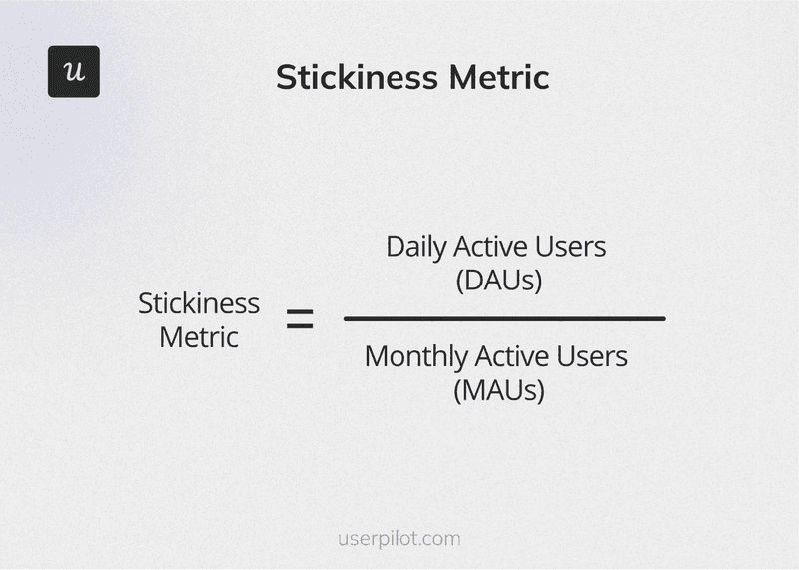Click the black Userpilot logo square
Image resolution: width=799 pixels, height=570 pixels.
pyautogui.click(x=74, y=72)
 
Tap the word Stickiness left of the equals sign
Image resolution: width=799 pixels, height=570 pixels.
pyautogui.click(x=199, y=303)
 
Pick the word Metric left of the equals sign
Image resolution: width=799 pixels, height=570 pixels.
pyautogui.click(x=199, y=337)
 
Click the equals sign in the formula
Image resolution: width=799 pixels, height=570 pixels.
pyautogui.click(x=300, y=320)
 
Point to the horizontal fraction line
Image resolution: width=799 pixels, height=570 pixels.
pyautogui.click(x=504, y=318)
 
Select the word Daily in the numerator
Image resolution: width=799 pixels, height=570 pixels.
pyautogui.click(x=414, y=246)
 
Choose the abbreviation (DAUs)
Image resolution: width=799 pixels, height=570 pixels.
pyautogui.click(x=499, y=281)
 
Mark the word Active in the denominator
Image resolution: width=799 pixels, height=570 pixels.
pyautogui.click(x=511, y=356)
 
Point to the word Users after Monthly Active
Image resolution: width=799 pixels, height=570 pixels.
pyautogui.click(x=591, y=356)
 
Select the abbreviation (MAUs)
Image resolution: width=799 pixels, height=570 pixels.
pyautogui.click(x=499, y=390)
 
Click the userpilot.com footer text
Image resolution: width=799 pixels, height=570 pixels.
pyautogui.click(x=399, y=539)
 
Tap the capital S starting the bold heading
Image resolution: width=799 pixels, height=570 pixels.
pyautogui.click(x=286, y=77)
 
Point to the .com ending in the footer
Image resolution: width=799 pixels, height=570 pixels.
pyautogui.click(x=440, y=539)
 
